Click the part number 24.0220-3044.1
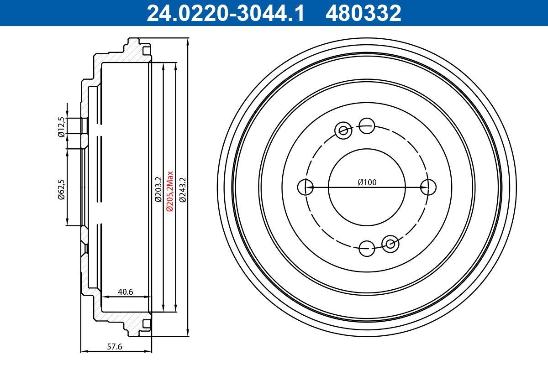[225, 13]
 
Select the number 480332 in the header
[363, 13]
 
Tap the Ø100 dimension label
[367, 182]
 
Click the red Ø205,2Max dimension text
[170, 191]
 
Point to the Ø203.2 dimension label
[158, 189]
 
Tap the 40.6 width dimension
[125, 292]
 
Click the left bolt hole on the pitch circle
[305, 187]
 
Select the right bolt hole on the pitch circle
[428, 187]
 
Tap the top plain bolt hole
[367, 125]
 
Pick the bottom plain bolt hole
[367, 249]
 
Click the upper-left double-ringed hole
[342, 130]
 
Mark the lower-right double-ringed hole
[390, 244]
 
